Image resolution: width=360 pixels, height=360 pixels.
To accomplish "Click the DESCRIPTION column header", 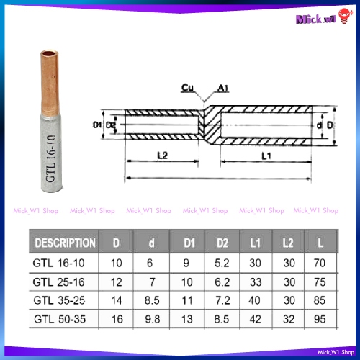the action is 65,243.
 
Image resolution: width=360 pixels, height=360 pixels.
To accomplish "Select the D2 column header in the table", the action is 222,243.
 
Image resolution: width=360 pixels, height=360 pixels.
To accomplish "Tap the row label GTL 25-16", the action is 59,282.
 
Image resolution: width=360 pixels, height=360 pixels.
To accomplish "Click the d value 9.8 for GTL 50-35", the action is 152,319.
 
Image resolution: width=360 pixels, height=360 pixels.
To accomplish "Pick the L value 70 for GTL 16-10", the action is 320,263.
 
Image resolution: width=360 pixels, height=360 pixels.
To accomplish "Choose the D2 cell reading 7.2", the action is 222,300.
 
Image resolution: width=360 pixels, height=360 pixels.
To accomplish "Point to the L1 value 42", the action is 255,319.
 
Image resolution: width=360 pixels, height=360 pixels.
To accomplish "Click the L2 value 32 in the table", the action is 289,319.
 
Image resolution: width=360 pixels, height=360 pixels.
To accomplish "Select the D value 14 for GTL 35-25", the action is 117,300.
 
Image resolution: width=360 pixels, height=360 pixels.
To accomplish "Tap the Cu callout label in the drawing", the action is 187,88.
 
